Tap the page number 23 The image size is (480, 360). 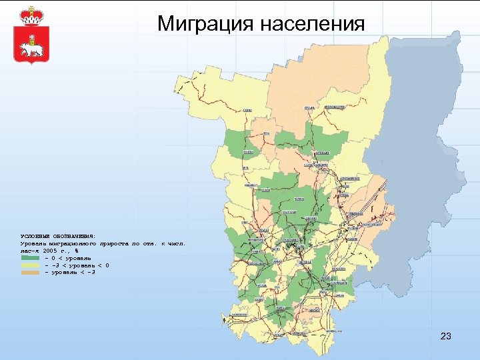click(446, 336)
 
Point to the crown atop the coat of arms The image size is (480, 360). click(29, 15)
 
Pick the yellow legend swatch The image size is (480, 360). click(30, 265)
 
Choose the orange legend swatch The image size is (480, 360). click(30, 273)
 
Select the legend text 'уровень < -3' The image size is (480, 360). click(73, 273)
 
